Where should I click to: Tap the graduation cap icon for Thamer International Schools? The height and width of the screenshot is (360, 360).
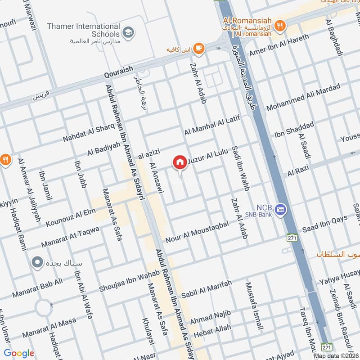(x=128, y=32)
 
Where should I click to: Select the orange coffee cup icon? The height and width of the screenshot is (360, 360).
(x=198, y=48)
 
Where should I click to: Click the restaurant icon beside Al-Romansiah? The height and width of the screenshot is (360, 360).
(x=280, y=26)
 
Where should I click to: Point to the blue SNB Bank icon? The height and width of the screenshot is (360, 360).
(x=281, y=210)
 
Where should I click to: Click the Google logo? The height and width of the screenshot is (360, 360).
(x=19, y=353)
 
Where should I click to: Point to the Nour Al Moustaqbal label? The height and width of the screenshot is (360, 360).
(x=200, y=231)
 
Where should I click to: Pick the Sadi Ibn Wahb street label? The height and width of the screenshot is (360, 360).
(x=240, y=168)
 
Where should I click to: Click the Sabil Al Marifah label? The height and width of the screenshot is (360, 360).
(x=207, y=289)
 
